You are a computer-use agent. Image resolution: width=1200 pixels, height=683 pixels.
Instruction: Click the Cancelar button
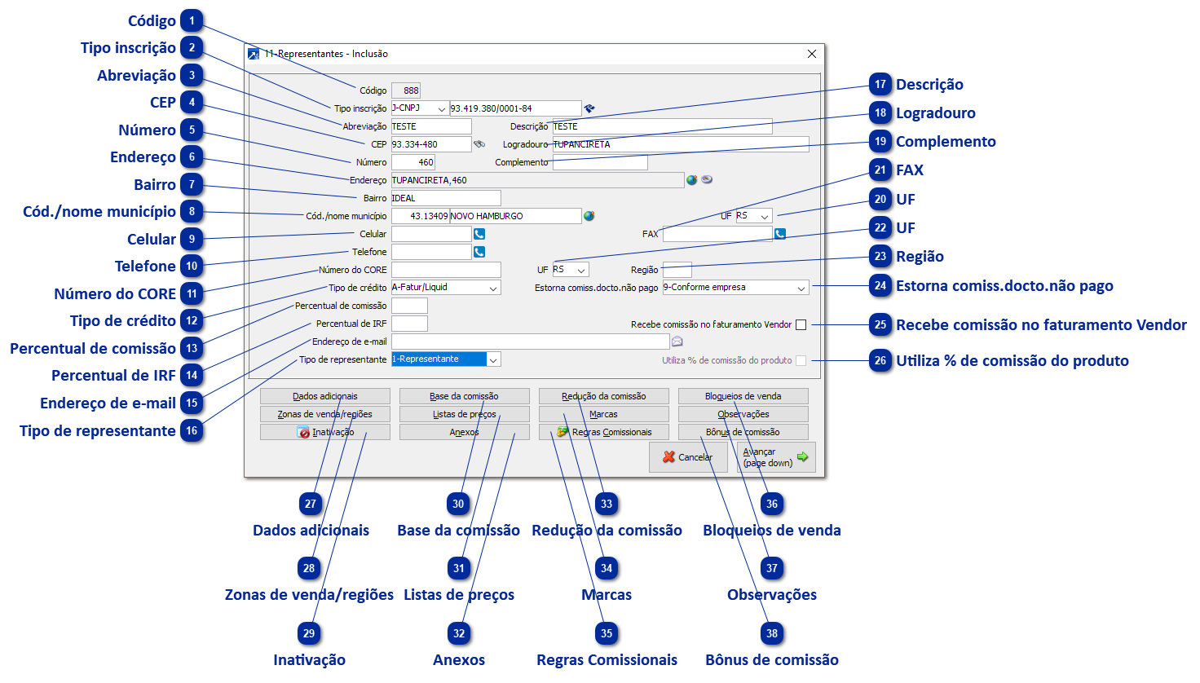(x=688, y=457)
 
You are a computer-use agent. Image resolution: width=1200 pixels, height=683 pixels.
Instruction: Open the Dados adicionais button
(x=324, y=396)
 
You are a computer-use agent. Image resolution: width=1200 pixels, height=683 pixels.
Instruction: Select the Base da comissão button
(x=464, y=396)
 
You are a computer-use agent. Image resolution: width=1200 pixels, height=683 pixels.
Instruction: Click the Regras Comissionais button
(x=603, y=432)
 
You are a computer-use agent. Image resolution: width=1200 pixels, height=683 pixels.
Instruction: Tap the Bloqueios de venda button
(x=743, y=396)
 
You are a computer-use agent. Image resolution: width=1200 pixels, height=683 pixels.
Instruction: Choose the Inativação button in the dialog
(x=324, y=432)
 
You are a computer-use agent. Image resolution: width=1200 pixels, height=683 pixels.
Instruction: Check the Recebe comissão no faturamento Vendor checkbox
(x=801, y=324)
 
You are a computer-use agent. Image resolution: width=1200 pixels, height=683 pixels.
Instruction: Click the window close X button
(x=811, y=54)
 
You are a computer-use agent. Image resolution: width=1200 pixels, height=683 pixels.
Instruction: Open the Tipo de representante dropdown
(x=494, y=359)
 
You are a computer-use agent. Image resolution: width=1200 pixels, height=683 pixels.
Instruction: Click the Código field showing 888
(x=406, y=90)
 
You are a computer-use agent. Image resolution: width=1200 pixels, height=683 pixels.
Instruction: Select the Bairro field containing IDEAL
(x=445, y=198)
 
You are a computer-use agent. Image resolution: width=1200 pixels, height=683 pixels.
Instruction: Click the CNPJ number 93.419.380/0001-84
(x=515, y=108)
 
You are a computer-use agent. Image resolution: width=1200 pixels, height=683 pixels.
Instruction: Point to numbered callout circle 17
(x=880, y=84)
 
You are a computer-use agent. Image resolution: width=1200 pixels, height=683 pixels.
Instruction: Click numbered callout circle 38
(x=771, y=633)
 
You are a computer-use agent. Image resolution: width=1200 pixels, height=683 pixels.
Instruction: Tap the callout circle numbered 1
(x=192, y=20)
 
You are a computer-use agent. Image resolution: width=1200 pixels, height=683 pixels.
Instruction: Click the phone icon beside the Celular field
(x=479, y=234)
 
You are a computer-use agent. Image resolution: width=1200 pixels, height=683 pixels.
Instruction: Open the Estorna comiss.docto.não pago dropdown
(x=801, y=288)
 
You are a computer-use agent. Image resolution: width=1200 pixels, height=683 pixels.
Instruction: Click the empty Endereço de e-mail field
(x=530, y=341)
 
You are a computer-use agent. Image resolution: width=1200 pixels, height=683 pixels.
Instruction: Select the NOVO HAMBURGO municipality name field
(x=514, y=216)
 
